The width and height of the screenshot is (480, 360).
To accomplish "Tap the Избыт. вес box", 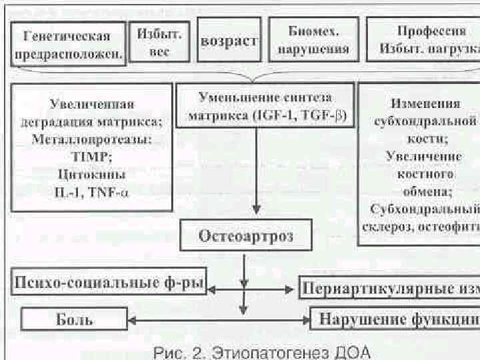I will pos(159,41).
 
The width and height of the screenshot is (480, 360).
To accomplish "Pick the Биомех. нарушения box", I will pos(313,40).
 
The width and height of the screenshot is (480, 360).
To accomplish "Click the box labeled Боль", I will pos(74,319).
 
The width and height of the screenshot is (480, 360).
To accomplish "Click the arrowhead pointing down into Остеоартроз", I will pos(257,212).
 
